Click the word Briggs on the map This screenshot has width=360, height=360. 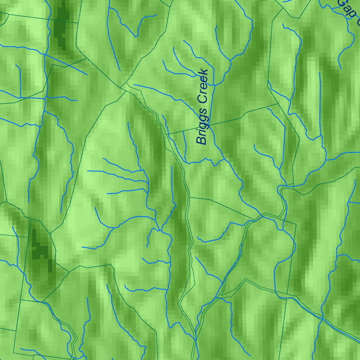pos(203,126)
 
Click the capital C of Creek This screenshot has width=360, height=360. pos(203,99)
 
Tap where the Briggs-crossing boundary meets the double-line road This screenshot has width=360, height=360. pos(168,135)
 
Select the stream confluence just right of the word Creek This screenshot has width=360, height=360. pos(214,85)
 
